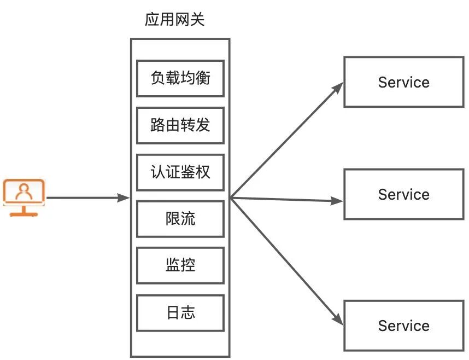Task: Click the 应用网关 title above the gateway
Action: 175,20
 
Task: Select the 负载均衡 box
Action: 180,78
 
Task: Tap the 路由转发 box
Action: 180,125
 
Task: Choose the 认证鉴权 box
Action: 180,172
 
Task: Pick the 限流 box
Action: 180,219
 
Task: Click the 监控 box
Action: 180,266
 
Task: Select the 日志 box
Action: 180,313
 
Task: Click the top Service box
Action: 403,82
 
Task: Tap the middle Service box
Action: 403,194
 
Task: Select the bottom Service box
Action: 403,326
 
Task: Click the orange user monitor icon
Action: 24,198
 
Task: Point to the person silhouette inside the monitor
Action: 24,191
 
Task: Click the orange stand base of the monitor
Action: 24,213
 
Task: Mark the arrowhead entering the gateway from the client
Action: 125,198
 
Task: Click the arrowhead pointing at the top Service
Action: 339,86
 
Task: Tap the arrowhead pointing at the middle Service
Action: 338,201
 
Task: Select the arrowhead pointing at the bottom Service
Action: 338,321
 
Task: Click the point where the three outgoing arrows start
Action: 231,198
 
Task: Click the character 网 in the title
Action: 183,20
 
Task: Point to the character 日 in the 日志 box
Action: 173,313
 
